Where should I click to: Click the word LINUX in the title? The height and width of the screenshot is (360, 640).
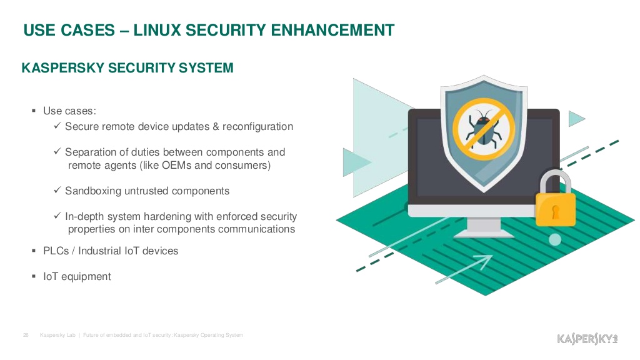(x=157, y=30)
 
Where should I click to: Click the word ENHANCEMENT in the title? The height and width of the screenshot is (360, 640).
(x=332, y=30)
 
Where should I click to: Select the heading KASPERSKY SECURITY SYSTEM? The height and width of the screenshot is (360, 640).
(x=127, y=67)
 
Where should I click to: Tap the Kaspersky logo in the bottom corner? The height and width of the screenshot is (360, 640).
(x=587, y=339)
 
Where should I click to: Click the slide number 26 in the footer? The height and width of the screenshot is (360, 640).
(x=26, y=335)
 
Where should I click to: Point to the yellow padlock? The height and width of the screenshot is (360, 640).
(x=555, y=199)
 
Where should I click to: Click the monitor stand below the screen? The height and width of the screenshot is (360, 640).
(x=484, y=227)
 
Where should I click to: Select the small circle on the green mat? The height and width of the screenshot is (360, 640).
(x=555, y=239)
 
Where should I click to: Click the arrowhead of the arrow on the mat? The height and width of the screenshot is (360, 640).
(x=486, y=261)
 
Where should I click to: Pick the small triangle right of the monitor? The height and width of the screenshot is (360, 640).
(x=576, y=119)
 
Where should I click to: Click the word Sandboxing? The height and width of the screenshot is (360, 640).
(x=93, y=191)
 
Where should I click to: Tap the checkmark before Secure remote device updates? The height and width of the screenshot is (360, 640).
(x=57, y=126)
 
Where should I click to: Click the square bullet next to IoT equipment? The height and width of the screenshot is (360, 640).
(x=34, y=276)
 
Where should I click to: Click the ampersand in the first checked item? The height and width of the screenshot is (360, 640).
(x=216, y=126)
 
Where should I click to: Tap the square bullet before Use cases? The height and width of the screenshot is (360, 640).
(x=34, y=111)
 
